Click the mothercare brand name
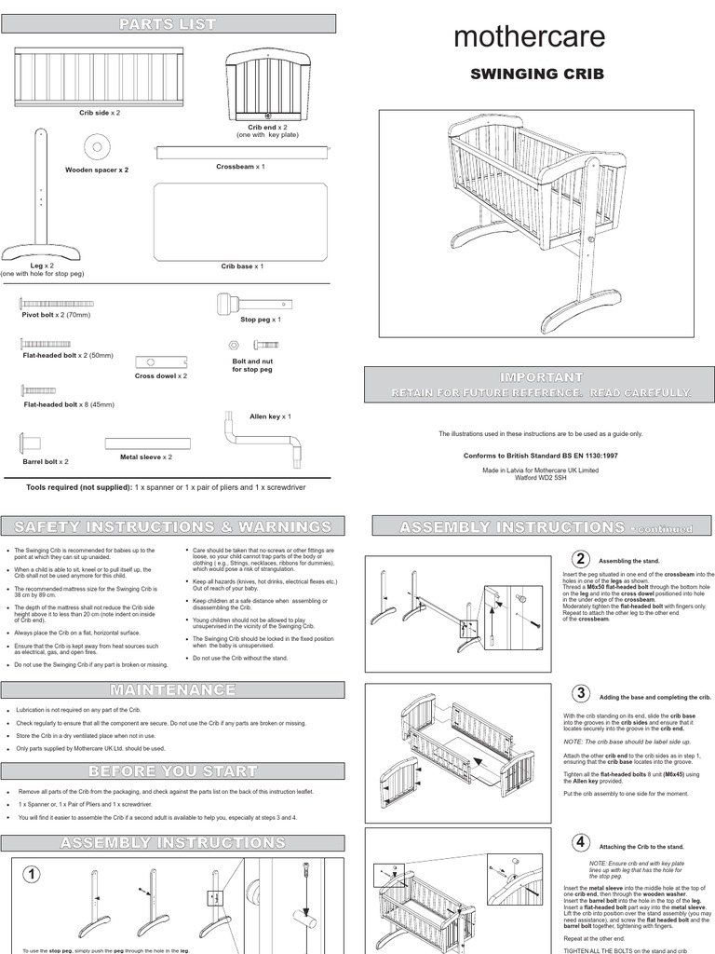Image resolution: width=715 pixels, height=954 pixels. pos(529,36)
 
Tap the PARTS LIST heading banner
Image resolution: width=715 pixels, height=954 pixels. pos(173,23)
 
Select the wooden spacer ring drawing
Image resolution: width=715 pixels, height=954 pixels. pos(96,147)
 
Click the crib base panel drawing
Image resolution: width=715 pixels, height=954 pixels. pos(242,220)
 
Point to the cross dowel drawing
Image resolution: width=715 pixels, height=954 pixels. pos(161,361)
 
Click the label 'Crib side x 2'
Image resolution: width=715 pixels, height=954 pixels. pos(99,113)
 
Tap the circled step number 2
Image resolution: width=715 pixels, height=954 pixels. pos(581,559)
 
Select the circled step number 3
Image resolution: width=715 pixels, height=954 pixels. pos(581,692)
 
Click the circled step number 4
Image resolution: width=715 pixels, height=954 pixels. pos(581,842)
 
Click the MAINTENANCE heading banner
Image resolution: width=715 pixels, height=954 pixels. pos(173,689)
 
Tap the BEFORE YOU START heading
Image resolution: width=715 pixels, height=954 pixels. pos(173,770)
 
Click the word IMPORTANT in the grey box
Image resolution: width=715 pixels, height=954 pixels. pos(541,376)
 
